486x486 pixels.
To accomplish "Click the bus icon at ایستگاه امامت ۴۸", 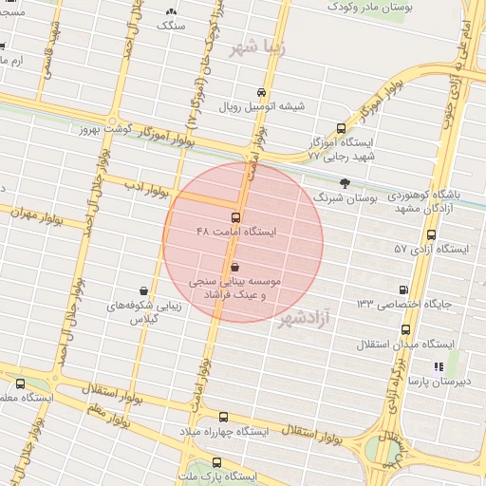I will click(236, 217).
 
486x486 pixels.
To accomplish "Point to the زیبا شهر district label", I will click(257, 47).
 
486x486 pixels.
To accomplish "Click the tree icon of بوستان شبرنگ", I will click(344, 183).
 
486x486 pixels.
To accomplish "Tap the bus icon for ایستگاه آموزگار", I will click(341, 127).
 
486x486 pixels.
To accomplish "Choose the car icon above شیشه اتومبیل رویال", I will click(261, 92).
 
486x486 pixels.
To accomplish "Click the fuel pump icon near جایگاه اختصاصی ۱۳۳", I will click(405, 290).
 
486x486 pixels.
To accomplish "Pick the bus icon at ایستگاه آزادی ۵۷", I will click(432, 234).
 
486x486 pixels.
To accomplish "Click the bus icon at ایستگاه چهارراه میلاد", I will click(224, 416).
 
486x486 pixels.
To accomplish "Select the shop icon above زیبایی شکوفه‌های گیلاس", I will click(143, 290).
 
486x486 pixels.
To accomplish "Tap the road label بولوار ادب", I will click(148, 190).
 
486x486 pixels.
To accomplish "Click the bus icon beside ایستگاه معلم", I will click(20, 383).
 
